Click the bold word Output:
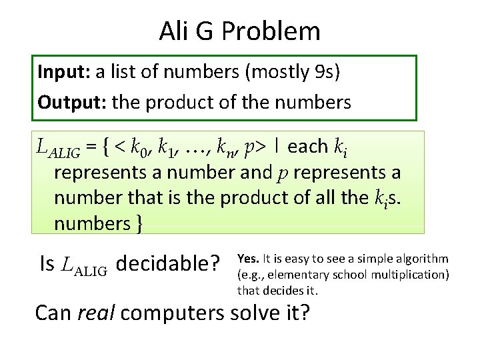72,102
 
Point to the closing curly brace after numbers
139,224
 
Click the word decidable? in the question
168,264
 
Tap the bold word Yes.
248,259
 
